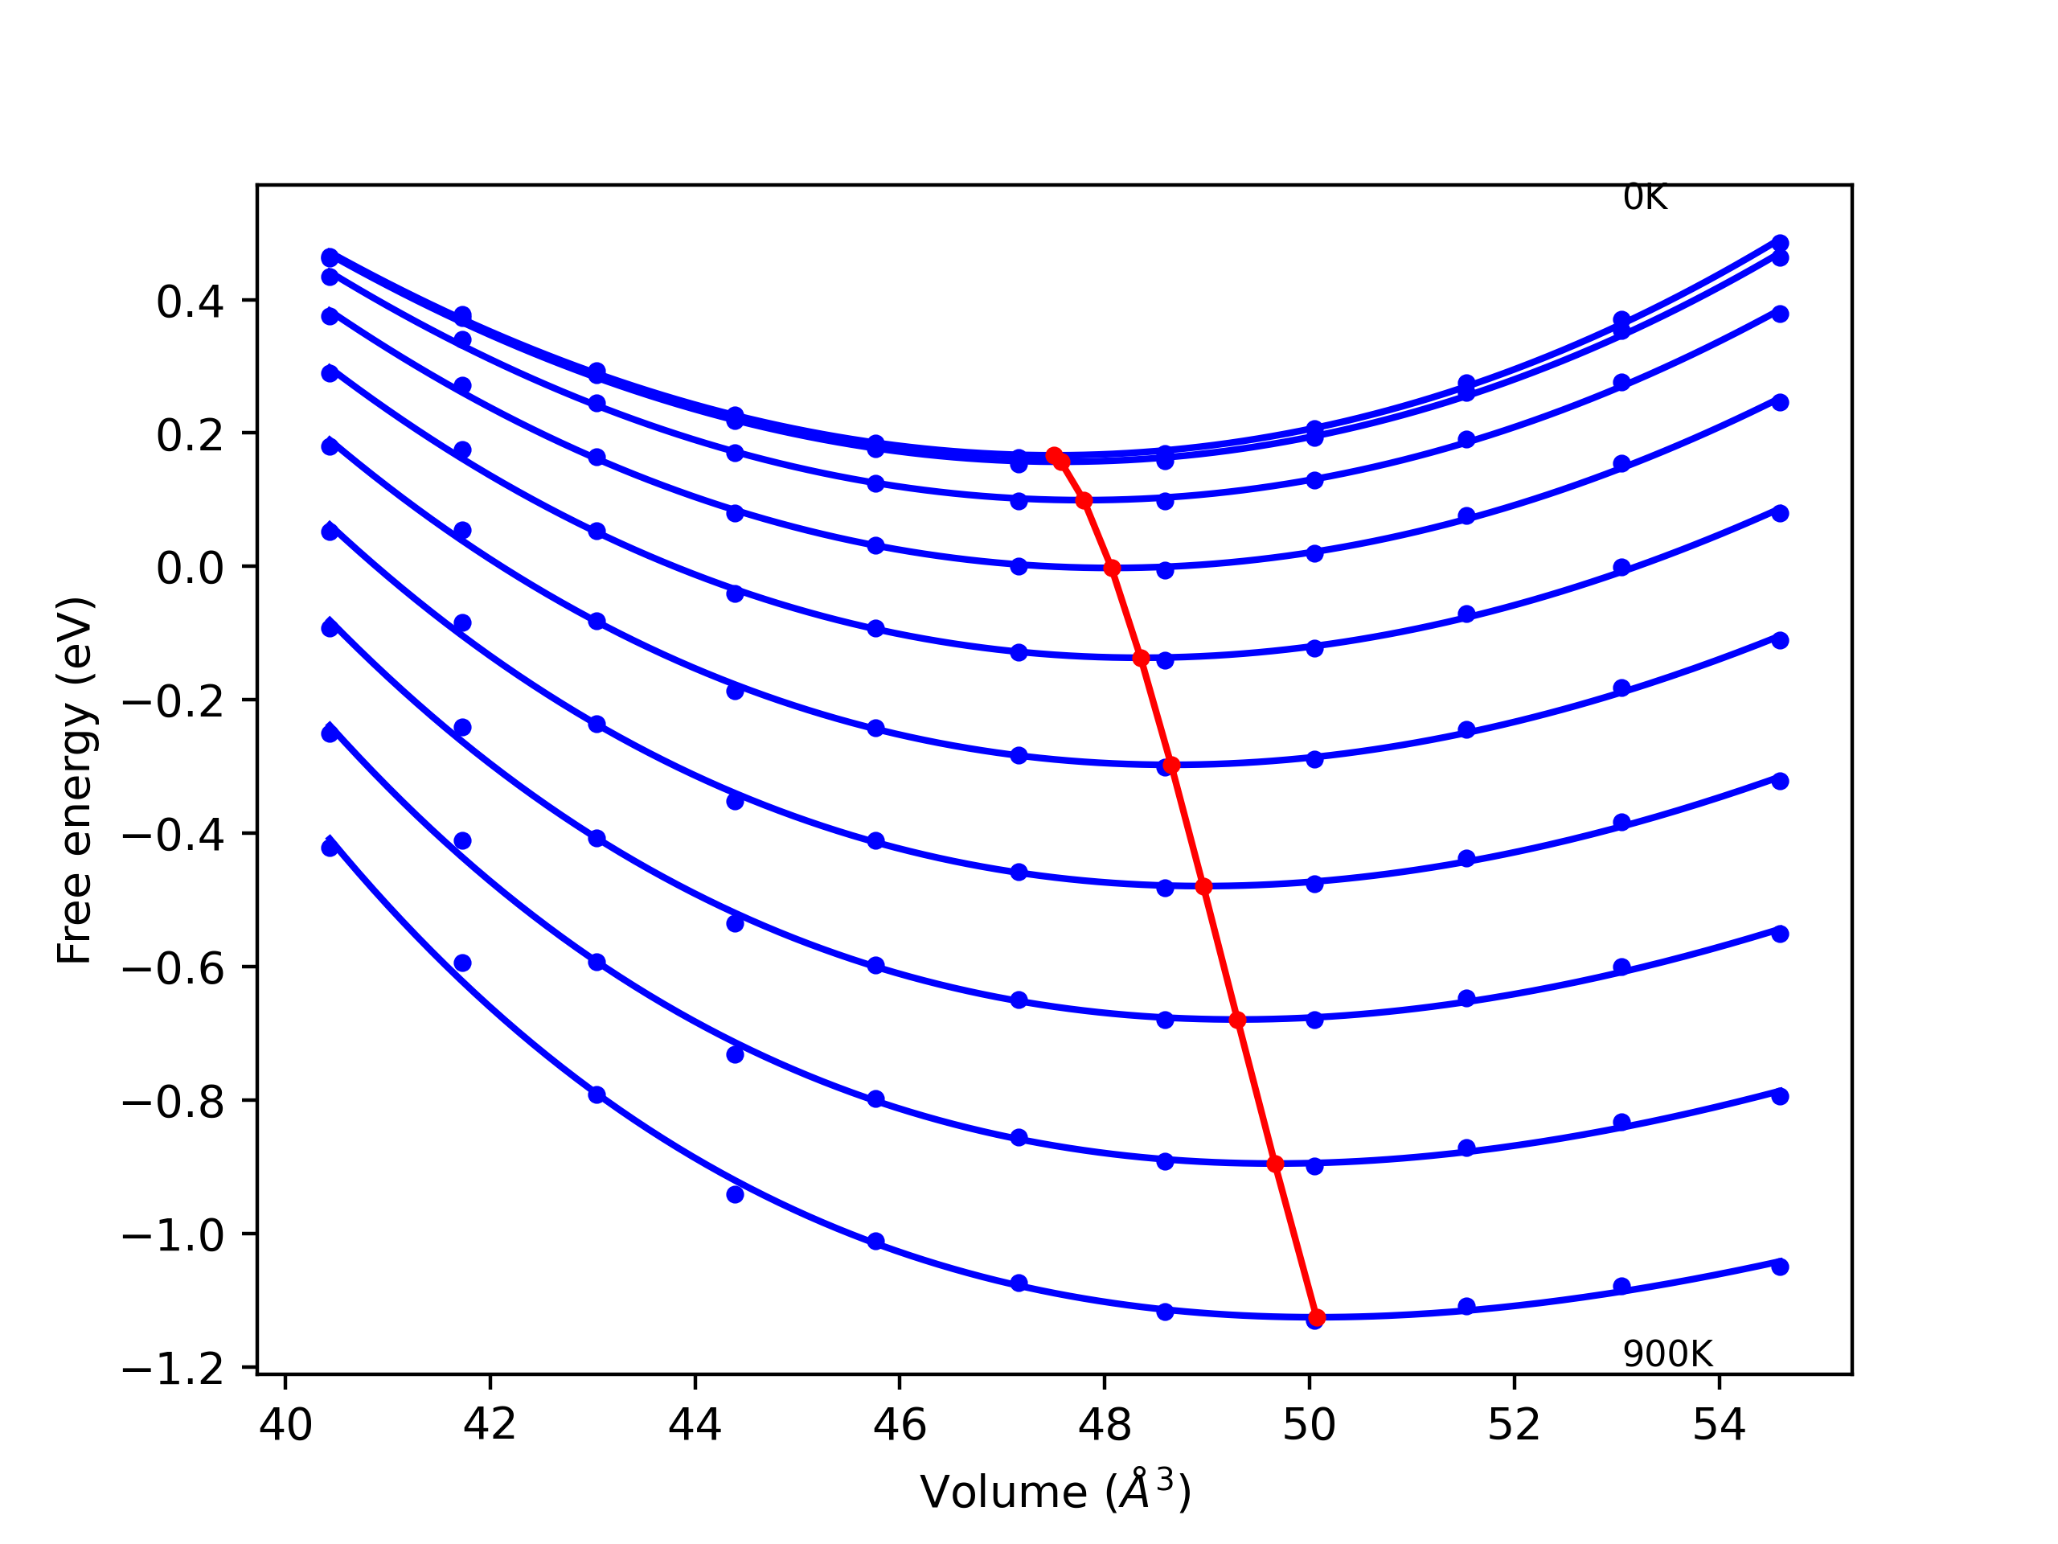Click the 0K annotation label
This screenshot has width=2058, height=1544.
coord(1644,199)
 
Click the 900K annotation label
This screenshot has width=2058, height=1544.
coord(1667,1354)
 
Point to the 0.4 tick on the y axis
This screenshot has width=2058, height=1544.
coord(190,302)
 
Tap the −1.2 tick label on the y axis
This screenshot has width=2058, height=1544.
coord(173,1369)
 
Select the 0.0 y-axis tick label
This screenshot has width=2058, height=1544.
coord(190,568)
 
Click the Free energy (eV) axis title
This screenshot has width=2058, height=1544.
coord(75,780)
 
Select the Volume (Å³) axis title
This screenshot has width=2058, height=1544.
coord(1055,1492)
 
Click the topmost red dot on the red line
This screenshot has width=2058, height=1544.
coord(1054,455)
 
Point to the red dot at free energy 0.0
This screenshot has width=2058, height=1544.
coord(1112,568)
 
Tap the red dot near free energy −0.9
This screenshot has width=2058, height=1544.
coord(1276,1164)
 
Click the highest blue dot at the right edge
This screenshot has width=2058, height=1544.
coord(1780,243)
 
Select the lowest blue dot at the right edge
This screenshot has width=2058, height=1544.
coord(1780,1267)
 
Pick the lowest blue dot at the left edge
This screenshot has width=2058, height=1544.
coord(330,848)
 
